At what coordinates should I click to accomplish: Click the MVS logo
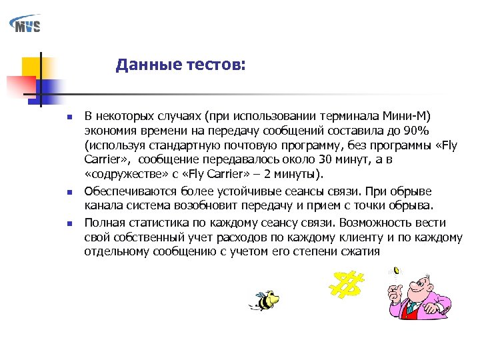click(x=25, y=25)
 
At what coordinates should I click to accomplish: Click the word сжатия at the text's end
click(x=360, y=251)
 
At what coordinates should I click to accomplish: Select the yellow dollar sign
click(x=347, y=284)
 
